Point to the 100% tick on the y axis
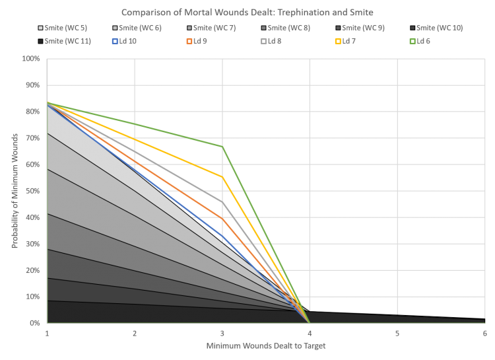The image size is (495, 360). (x=32, y=59)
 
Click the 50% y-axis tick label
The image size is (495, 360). (x=34, y=191)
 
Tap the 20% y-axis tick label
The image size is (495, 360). (x=34, y=270)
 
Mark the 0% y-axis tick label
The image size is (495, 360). (x=35, y=323)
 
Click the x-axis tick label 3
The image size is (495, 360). (x=222, y=333)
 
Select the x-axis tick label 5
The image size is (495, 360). (x=397, y=333)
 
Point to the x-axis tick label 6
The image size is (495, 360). (x=484, y=333)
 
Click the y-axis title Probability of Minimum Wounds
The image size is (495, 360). (x=14, y=191)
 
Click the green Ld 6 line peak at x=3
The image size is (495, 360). (x=222, y=146)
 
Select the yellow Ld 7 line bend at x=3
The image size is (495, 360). (x=222, y=176)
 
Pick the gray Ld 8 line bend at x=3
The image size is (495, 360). (x=222, y=201)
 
